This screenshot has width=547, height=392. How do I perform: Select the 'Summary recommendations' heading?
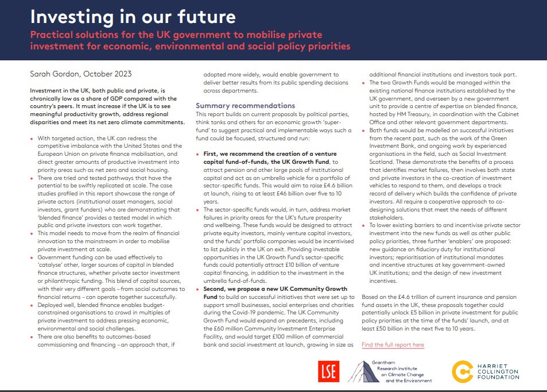point(245,106)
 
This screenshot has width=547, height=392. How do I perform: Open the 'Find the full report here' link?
point(393,345)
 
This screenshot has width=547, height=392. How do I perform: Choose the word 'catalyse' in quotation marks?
point(54,264)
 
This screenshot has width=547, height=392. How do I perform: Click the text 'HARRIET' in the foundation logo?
point(497,364)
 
